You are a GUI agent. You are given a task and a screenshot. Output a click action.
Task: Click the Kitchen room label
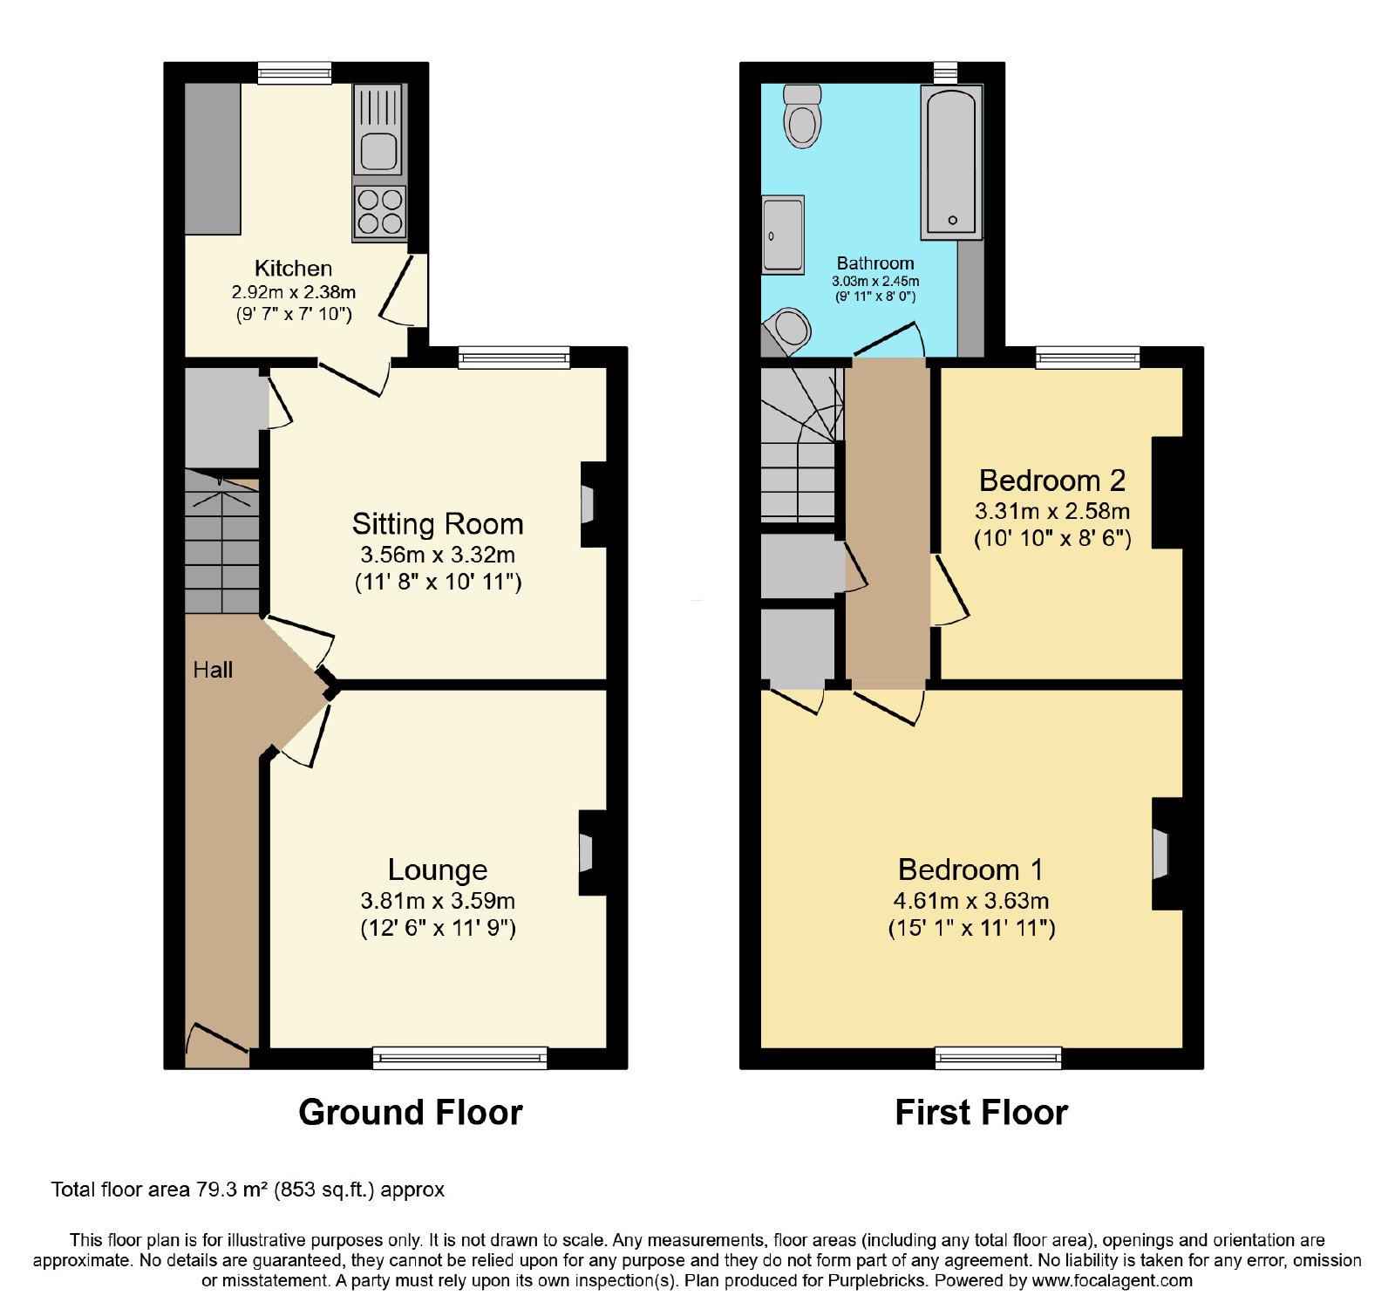(x=293, y=268)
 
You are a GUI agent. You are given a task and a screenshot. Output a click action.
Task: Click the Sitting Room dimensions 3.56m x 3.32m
(x=438, y=555)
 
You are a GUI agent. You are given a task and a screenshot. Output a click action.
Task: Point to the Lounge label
(x=438, y=869)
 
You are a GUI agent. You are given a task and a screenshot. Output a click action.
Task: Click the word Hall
(x=213, y=670)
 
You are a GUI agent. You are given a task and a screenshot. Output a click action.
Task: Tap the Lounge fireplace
(x=592, y=852)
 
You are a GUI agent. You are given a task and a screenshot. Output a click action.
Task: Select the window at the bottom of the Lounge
(x=460, y=1058)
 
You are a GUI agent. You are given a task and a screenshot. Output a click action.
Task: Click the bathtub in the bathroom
(x=951, y=162)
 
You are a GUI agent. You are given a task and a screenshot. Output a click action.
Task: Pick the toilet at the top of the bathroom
(x=802, y=116)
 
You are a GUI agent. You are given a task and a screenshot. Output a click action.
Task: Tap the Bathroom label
(x=875, y=263)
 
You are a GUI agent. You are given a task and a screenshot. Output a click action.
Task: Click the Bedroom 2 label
(x=1052, y=481)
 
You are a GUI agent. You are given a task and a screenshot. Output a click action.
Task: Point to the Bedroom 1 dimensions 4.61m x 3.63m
(x=971, y=901)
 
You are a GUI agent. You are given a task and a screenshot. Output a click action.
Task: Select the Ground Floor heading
(x=411, y=1113)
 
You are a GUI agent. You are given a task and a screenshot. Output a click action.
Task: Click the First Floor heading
(x=982, y=1113)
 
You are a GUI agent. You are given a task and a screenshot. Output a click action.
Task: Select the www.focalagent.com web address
(x=1113, y=1281)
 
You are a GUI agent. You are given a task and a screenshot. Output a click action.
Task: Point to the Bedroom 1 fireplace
(x=1167, y=854)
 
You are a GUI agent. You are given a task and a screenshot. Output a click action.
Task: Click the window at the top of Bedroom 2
(x=1088, y=358)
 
